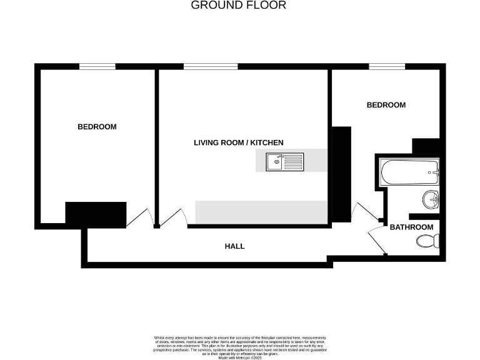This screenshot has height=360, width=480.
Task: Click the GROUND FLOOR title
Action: click(238, 6)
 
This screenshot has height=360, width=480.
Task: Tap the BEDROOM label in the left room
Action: click(97, 127)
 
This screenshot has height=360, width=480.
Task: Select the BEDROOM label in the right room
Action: click(386, 105)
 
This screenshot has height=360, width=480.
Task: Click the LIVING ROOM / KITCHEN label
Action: click(238, 142)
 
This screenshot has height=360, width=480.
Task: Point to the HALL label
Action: click(234, 246)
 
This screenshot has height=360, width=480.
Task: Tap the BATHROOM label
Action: click(411, 227)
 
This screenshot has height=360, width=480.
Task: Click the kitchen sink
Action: click(276, 162)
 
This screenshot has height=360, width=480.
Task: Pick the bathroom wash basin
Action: click(431, 200)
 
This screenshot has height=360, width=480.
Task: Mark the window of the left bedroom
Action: click(97, 66)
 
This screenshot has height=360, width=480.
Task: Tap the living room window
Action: click(211, 66)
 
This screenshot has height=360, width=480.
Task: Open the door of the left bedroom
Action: click(139, 217)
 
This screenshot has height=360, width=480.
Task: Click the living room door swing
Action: click(175, 217)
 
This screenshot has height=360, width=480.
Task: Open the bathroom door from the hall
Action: click(377, 240)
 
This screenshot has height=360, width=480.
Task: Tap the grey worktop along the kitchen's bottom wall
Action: click(261, 212)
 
